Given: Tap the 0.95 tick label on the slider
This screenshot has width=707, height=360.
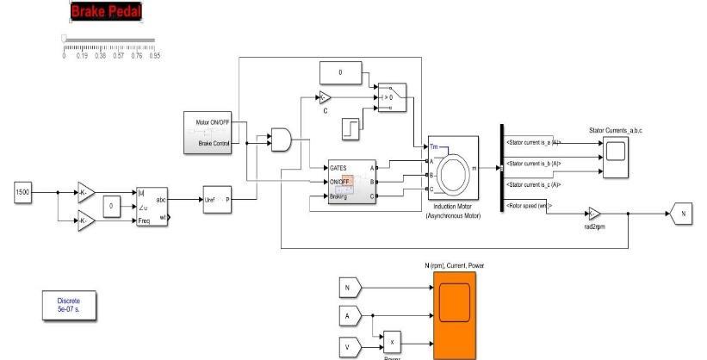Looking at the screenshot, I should (155, 55).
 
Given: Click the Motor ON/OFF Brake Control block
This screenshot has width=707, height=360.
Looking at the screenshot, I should (208, 132).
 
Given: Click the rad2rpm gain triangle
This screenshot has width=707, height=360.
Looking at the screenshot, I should (594, 212).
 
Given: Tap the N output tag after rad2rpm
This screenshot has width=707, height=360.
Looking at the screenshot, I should (680, 212).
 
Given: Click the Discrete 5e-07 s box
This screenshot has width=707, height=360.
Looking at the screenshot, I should (69, 304).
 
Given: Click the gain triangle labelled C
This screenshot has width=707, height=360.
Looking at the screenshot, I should (325, 96).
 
